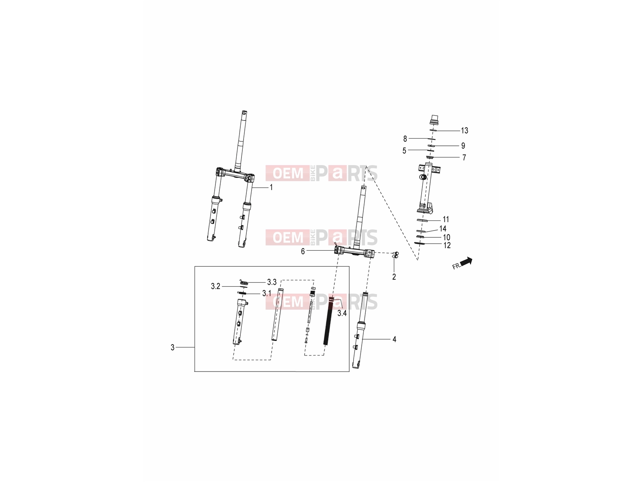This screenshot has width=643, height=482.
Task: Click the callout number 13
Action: click(464, 131)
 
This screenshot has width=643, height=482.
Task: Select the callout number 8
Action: click(405, 139)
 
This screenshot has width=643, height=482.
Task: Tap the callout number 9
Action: click(463, 146)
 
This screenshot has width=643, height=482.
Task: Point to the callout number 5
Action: click(404, 151)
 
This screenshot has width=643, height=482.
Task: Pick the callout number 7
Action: click(464, 158)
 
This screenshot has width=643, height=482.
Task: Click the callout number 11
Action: click(446, 219)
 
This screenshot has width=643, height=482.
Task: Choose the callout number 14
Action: click(442, 229)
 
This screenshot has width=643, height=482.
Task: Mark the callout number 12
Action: click(447, 245)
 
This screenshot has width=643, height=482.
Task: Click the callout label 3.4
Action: click(342, 313)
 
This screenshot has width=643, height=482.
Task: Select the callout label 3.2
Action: click(215, 286)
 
